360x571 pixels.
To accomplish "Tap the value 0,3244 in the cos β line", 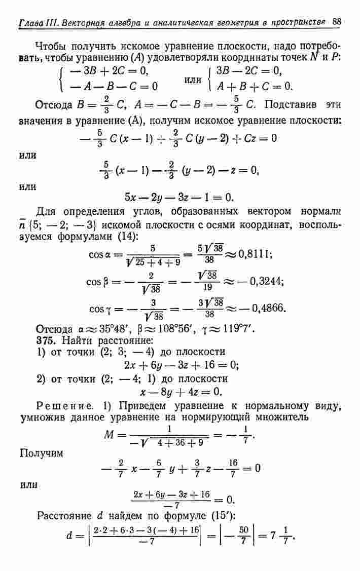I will tap(262, 280).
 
